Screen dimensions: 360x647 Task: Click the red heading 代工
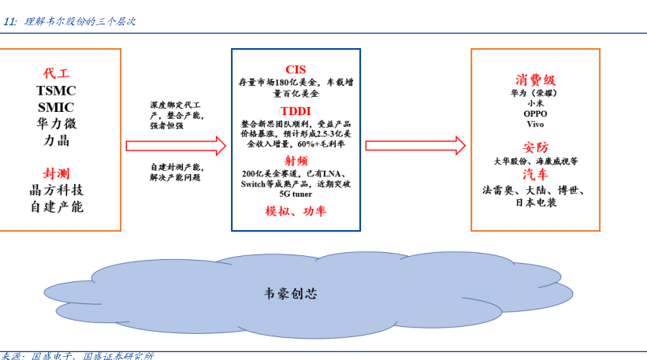56,73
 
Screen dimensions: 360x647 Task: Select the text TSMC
56,90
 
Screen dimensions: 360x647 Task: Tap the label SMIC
56,106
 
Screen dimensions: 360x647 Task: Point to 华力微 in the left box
56,124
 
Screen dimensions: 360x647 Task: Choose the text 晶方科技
56,190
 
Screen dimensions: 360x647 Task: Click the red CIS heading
296,69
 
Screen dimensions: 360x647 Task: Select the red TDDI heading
296,110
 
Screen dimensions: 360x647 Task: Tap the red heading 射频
296,161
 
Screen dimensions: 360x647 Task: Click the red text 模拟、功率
296,211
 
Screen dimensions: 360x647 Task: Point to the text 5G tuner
296,194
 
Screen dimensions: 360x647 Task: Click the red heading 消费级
536,80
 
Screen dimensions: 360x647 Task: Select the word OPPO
536,113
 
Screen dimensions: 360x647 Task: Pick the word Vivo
536,124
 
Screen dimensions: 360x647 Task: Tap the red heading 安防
536,147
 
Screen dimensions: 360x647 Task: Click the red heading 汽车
536,174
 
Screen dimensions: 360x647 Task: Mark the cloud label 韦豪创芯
291,294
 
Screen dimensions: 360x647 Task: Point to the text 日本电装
536,202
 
